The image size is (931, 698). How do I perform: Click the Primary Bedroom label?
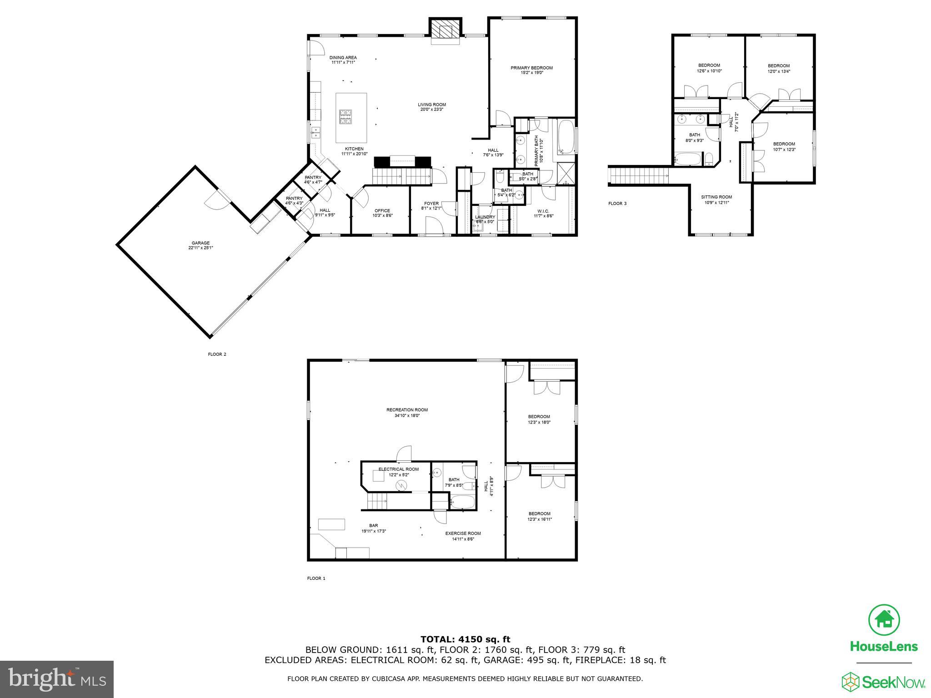531,68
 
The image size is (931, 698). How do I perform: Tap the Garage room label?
200,243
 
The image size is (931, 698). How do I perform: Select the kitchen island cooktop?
345,117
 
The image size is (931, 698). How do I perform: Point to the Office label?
382,211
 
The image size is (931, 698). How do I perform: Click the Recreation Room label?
407,410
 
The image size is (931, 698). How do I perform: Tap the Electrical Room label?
399,469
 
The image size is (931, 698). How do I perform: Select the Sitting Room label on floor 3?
716,197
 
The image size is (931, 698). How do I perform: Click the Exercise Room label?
463,533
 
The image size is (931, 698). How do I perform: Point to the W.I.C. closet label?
543,211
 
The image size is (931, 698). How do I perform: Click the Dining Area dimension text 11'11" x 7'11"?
343,63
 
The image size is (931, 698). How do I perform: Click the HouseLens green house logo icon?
884,620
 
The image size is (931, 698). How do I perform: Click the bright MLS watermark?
57,679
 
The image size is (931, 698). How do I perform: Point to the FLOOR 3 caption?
617,204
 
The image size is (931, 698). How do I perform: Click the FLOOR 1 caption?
316,578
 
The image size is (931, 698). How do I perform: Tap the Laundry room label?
485,217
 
